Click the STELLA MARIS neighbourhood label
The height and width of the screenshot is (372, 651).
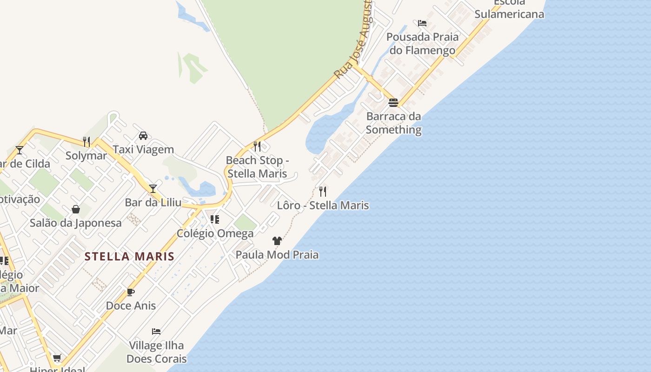click(x=129, y=257)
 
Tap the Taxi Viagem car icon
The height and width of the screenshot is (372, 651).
click(x=143, y=136)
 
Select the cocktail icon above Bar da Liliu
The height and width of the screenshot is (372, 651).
click(x=153, y=188)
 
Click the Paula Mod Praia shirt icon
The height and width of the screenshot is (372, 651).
click(x=277, y=241)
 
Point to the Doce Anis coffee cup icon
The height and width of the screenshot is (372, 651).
click(x=131, y=292)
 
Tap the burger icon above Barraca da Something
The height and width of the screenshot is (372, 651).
click(x=393, y=102)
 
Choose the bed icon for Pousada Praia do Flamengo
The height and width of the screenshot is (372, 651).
click(x=422, y=23)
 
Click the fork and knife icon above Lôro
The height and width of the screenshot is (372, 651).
click(x=323, y=191)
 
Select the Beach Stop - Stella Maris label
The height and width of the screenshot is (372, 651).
click(x=257, y=167)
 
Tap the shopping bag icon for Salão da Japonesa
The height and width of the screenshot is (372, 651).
click(x=76, y=209)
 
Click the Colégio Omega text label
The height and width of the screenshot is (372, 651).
click(x=215, y=233)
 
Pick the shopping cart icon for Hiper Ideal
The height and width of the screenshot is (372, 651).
click(x=57, y=358)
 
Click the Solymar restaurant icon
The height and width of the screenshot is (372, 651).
click(x=86, y=141)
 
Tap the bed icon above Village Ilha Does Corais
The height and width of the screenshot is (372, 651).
click(x=156, y=332)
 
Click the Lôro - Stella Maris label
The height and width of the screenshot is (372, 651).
click(x=323, y=206)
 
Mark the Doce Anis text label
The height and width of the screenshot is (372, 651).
click(x=131, y=306)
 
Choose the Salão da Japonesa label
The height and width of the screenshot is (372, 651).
click(x=76, y=223)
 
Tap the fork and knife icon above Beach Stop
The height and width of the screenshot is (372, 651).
click(x=257, y=146)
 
